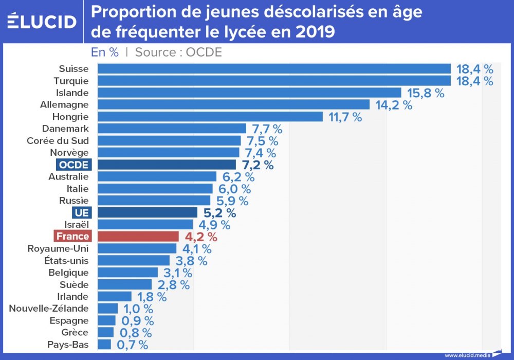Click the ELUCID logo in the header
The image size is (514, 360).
click(x=42, y=21)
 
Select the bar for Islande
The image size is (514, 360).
click(x=249, y=93)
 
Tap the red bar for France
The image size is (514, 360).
click(x=138, y=237)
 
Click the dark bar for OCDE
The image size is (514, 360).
click(x=167, y=165)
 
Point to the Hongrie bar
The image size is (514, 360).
click(x=210, y=117)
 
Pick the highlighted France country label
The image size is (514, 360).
click(x=73, y=237)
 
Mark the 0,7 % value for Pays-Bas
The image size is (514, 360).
click(x=133, y=345)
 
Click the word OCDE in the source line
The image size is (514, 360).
click(x=204, y=52)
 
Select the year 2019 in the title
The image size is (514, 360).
click(x=316, y=32)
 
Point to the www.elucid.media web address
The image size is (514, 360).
click(x=467, y=355)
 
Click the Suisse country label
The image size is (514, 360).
click(x=74, y=69)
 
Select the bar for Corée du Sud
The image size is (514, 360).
click(x=169, y=141)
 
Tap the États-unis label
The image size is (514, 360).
click(x=66, y=261)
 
